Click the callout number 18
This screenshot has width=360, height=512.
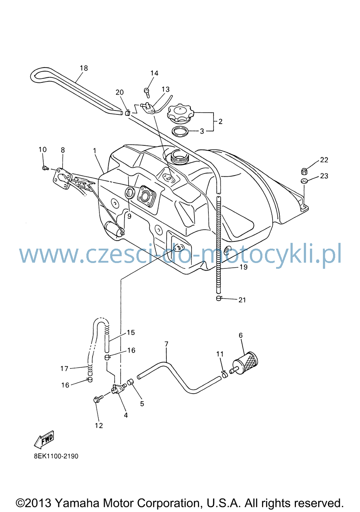pyautogui.click(x=84, y=68)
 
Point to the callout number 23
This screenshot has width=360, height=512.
pyautogui.click(x=324, y=176)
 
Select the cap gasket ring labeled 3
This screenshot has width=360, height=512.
pyautogui.click(x=180, y=131)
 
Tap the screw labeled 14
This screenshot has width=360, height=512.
pyautogui.click(x=147, y=92)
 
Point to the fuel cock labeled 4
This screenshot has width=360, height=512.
pyautogui.click(x=118, y=388)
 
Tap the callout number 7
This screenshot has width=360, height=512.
pyautogui.click(x=166, y=344)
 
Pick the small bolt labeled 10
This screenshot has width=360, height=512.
pyautogui.click(x=45, y=168)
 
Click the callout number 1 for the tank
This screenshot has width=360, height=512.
pyautogui.click(x=94, y=151)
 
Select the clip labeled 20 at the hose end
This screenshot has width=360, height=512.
pyautogui.click(x=128, y=113)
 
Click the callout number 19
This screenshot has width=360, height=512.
pyautogui.click(x=244, y=267)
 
